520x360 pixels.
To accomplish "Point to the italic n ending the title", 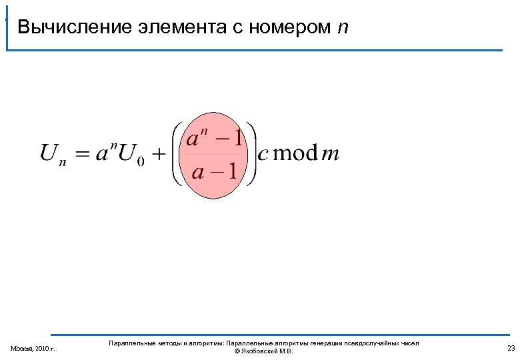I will click(343, 28).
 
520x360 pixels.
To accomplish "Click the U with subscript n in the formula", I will click(53, 155).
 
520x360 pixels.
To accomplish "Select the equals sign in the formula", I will click(81, 155).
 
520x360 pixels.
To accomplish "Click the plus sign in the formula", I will click(159, 155).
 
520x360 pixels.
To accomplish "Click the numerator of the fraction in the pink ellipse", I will click(214, 139).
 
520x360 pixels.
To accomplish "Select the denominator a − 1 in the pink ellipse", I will click(214, 172).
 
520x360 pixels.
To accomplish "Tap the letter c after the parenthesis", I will click(263, 155).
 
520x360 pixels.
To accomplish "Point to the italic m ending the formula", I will click(331, 155).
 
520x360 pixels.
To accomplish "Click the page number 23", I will click(511, 348).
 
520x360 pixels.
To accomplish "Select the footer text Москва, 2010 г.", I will click(33, 349).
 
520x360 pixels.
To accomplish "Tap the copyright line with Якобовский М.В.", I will click(264, 351).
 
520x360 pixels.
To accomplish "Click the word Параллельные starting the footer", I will click(129, 343).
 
